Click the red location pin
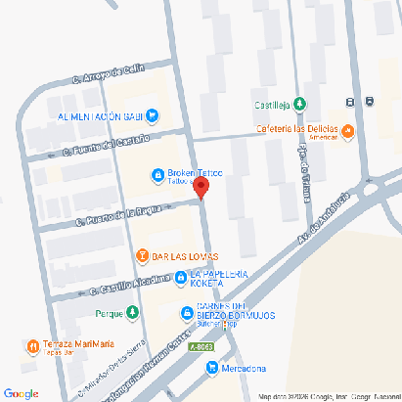pos(201,189)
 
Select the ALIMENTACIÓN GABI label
pos(94,114)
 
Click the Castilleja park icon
pos(299,105)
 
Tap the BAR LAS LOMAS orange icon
pos(142,256)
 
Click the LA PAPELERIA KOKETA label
pos(220,278)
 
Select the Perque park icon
pos(132,313)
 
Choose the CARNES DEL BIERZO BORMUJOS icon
pos(188,314)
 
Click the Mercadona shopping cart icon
pos(211,367)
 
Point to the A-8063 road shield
pos(201,347)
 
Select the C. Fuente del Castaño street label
pos(107,146)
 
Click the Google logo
pos(21,393)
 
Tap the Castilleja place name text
pos(273,105)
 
